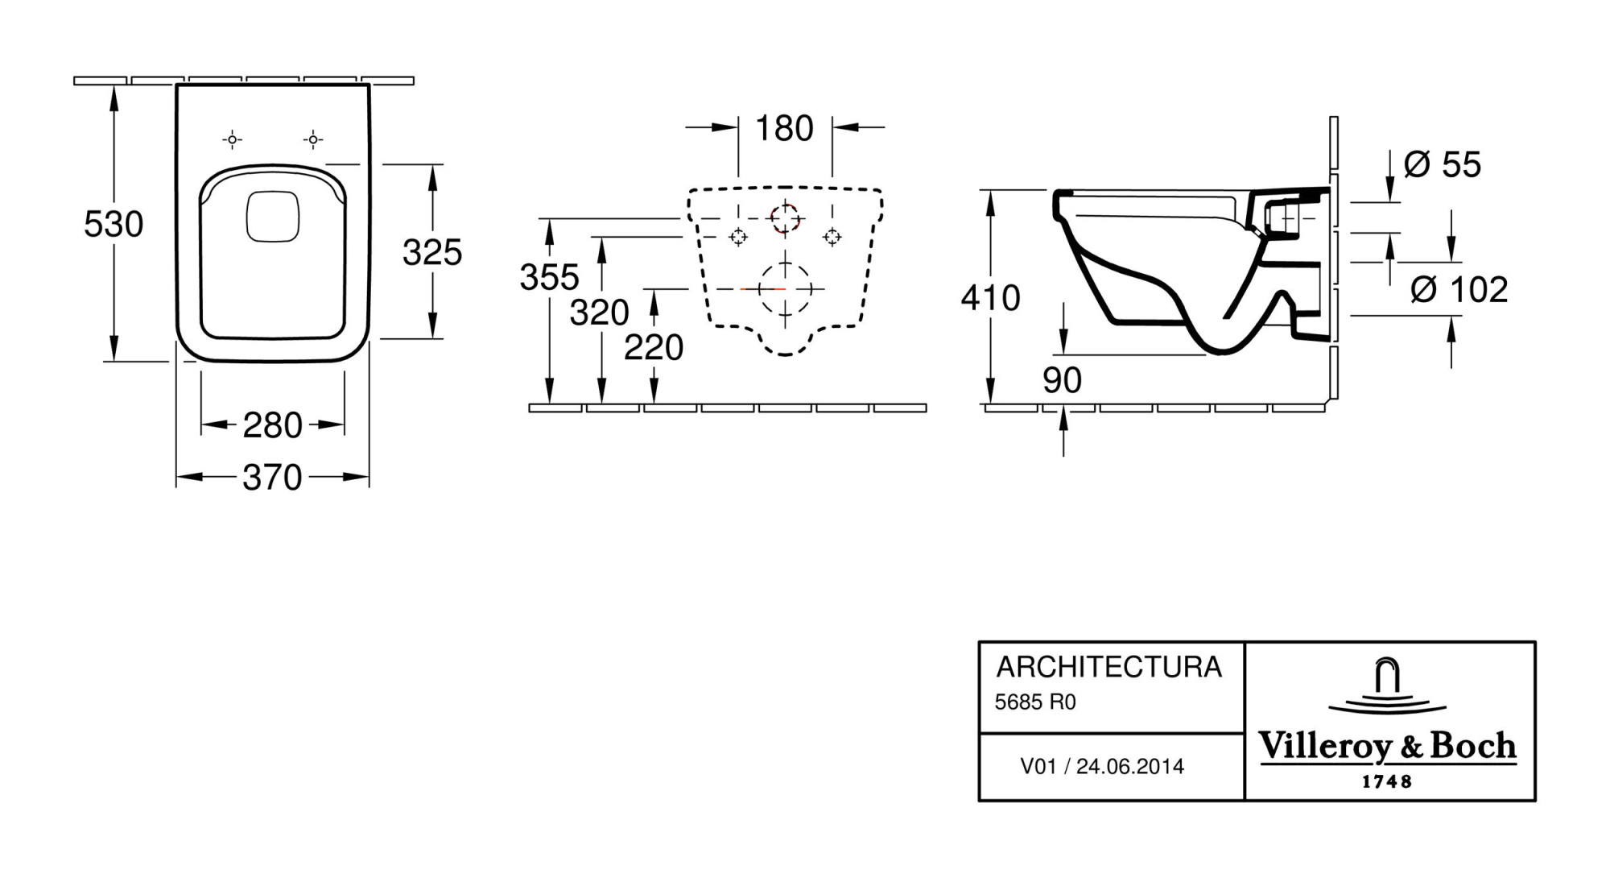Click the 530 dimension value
pos(114,224)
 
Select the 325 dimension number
pos(432,253)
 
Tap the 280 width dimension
pos(272,425)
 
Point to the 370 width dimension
pos(272,478)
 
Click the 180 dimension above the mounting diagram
pos(785,129)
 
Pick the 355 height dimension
pos(549,278)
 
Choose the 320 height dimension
pos(599,313)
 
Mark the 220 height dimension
pos(653,348)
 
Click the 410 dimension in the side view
pos(990,299)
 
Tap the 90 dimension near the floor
pos(1062,380)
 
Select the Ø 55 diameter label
pos(1442,165)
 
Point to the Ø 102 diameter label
pos(1459,290)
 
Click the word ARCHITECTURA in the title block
pos(1108,667)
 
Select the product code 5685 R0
pos(1034,702)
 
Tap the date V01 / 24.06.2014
pos(1102,766)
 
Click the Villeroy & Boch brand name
pos(1387,747)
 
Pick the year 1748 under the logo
pos(1386,781)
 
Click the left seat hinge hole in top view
pos(232,140)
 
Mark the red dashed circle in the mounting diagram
pos(784,218)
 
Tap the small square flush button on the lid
pos(273,216)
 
